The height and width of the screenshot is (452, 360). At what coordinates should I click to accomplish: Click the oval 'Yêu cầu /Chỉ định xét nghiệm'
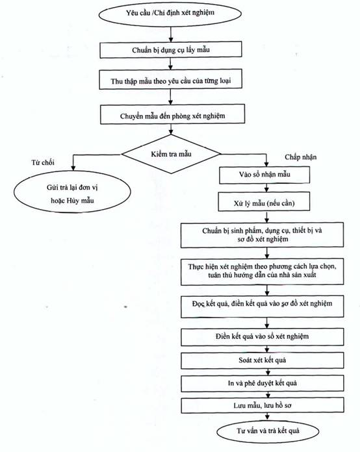tap(170, 13)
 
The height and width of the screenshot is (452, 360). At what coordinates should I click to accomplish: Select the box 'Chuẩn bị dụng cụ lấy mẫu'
tap(171, 50)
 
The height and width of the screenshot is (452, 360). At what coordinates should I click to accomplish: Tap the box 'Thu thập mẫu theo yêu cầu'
tap(170, 80)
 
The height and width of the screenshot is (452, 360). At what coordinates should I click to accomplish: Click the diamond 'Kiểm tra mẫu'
tap(172, 154)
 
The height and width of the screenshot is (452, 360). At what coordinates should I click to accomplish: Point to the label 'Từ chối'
tap(43, 162)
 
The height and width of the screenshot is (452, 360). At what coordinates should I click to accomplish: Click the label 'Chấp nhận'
tap(301, 157)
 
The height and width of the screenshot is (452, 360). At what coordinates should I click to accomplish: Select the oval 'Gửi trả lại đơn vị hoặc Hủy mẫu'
tap(72, 192)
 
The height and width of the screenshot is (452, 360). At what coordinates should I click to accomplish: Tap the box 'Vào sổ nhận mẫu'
tap(264, 175)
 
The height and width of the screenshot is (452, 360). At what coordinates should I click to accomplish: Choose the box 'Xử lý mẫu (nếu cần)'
tap(264, 202)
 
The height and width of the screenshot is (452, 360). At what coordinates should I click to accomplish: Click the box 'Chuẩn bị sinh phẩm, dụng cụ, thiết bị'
tap(263, 235)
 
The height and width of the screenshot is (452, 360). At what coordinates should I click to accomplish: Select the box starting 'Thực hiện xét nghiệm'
tap(263, 272)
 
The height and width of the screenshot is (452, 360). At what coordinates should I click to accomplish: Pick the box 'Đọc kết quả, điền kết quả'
tap(263, 306)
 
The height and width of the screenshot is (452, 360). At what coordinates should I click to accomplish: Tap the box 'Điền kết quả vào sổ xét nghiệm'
tap(263, 337)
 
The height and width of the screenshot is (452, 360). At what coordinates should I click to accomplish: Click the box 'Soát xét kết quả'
tap(263, 360)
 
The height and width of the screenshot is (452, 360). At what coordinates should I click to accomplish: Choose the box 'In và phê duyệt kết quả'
tap(263, 383)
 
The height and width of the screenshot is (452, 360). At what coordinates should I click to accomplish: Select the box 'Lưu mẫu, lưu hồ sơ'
tap(263, 405)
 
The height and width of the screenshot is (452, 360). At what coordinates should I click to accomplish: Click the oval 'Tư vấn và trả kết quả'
tap(268, 431)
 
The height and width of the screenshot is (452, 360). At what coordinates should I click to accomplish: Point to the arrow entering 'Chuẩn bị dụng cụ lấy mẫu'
tap(171, 34)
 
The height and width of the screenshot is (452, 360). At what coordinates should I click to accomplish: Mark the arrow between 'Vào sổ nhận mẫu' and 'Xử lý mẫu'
tap(266, 188)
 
